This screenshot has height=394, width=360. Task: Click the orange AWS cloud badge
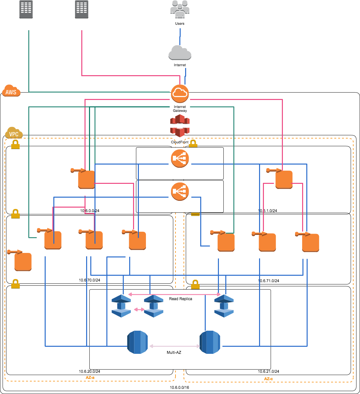[11, 91]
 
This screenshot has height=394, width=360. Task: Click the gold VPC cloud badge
[14, 133]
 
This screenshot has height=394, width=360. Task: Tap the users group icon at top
[180, 9]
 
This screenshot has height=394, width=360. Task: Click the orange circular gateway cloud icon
[180, 94]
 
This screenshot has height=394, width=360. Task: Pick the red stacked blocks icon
[180, 125]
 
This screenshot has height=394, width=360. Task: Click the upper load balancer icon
[180, 158]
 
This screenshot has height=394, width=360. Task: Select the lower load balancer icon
[180, 192]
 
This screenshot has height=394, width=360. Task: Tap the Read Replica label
[181, 299]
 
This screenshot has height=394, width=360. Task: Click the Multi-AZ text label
[174, 353]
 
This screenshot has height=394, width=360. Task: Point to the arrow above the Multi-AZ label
[175, 346]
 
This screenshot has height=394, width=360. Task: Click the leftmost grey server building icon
[26, 9]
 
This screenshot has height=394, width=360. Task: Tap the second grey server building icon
[82, 9]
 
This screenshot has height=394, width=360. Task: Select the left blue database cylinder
[137, 342]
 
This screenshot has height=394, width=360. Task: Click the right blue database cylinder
[210, 342]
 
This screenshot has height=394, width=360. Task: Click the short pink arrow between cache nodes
[139, 309]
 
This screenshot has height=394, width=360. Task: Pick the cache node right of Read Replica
[224, 306]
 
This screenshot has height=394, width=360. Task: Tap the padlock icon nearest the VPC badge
[15, 144]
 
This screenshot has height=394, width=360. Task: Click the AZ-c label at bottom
[268, 379]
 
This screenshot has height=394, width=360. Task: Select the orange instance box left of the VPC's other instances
[23, 262]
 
